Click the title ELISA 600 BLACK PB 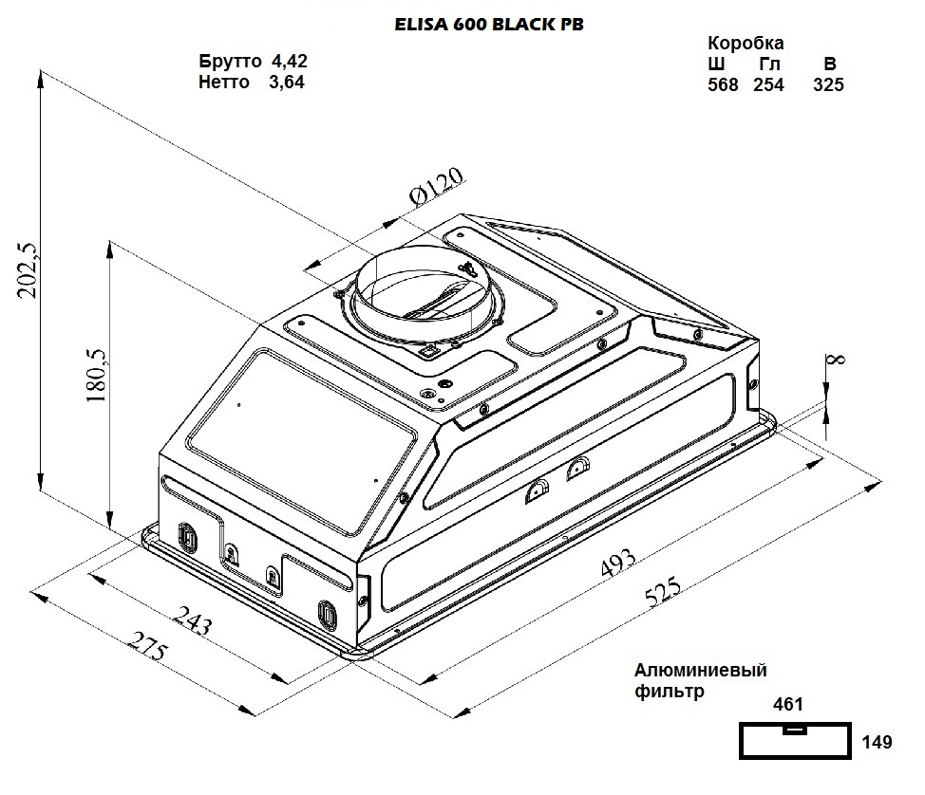(488, 26)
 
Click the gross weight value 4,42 (290, 61)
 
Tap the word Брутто (230, 61)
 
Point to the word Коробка (746, 44)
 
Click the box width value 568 (723, 84)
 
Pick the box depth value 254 (768, 84)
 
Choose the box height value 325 (828, 84)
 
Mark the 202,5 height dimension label (28, 270)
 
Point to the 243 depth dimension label (194, 624)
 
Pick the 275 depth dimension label (148, 653)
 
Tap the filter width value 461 (788, 705)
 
